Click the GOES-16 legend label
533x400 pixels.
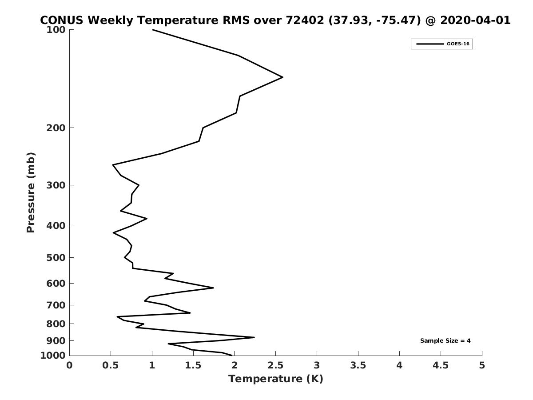coord(458,44)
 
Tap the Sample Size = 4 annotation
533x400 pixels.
coord(445,341)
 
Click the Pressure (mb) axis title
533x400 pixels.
coord(31,192)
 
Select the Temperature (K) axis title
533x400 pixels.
coord(276,379)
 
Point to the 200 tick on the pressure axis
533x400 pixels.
coord(56,128)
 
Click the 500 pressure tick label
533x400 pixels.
coord(56,257)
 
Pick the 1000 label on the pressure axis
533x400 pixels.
coord(53,356)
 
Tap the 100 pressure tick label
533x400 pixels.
coord(56,30)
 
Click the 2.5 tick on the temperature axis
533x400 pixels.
coord(276,365)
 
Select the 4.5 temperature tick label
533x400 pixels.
coord(441,365)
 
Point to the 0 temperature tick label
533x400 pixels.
coord(69,365)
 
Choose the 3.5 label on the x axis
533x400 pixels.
coord(358,365)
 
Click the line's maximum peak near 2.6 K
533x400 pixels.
coord(282,77)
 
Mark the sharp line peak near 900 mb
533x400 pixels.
coord(254,337)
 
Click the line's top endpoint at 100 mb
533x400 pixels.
coord(153,30)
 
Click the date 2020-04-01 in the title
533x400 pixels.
coord(475,20)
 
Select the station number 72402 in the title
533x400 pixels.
coord(305,20)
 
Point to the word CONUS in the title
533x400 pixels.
coord(62,20)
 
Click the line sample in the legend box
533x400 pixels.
coord(430,44)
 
